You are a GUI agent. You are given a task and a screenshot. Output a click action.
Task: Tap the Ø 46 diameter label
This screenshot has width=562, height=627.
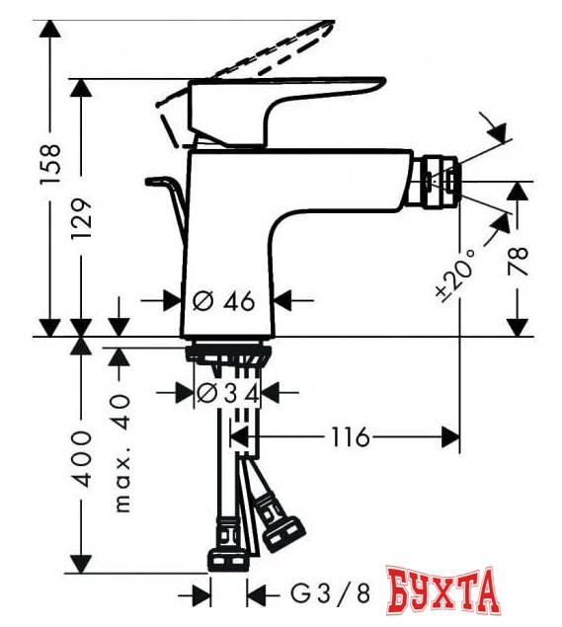click(x=225, y=301)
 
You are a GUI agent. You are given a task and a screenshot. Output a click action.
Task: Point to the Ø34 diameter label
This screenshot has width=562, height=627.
click(x=227, y=393)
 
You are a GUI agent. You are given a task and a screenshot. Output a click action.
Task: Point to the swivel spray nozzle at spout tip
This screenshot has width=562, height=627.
click(x=440, y=181)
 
